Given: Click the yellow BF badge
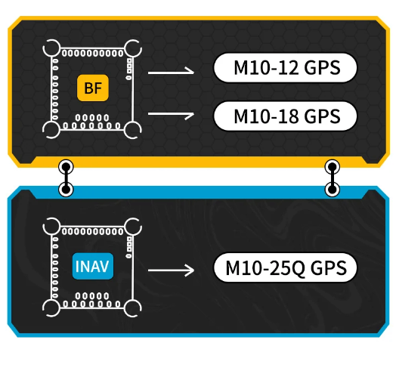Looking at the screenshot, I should pyautogui.click(x=93, y=88).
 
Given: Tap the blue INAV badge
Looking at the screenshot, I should pyautogui.click(x=92, y=267).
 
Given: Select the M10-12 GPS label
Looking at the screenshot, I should pyautogui.click(x=285, y=68).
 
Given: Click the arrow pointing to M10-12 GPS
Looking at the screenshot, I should pyautogui.click(x=170, y=73).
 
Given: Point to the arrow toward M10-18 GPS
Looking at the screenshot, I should pyautogui.click(x=170, y=114).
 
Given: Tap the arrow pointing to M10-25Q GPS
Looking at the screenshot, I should pyautogui.click(x=170, y=268).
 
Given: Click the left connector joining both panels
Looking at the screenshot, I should pyautogui.click(x=67, y=178).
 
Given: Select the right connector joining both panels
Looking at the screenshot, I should pyautogui.click(x=331, y=178).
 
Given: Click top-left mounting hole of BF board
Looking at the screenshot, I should pyautogui.click(x=51, y=49).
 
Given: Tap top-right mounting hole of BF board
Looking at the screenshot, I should pyautogui.click(x=134, y=49).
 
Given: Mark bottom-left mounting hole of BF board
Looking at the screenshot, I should pyautogui.click(x=51, y=129).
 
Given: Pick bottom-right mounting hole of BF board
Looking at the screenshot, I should pyautogui.click(x=134, y=129).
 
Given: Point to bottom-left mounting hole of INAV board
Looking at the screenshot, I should pyautogui.click(x=51, y=307).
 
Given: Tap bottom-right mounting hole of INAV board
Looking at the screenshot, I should pyautogui.click(x=134, y=307).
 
